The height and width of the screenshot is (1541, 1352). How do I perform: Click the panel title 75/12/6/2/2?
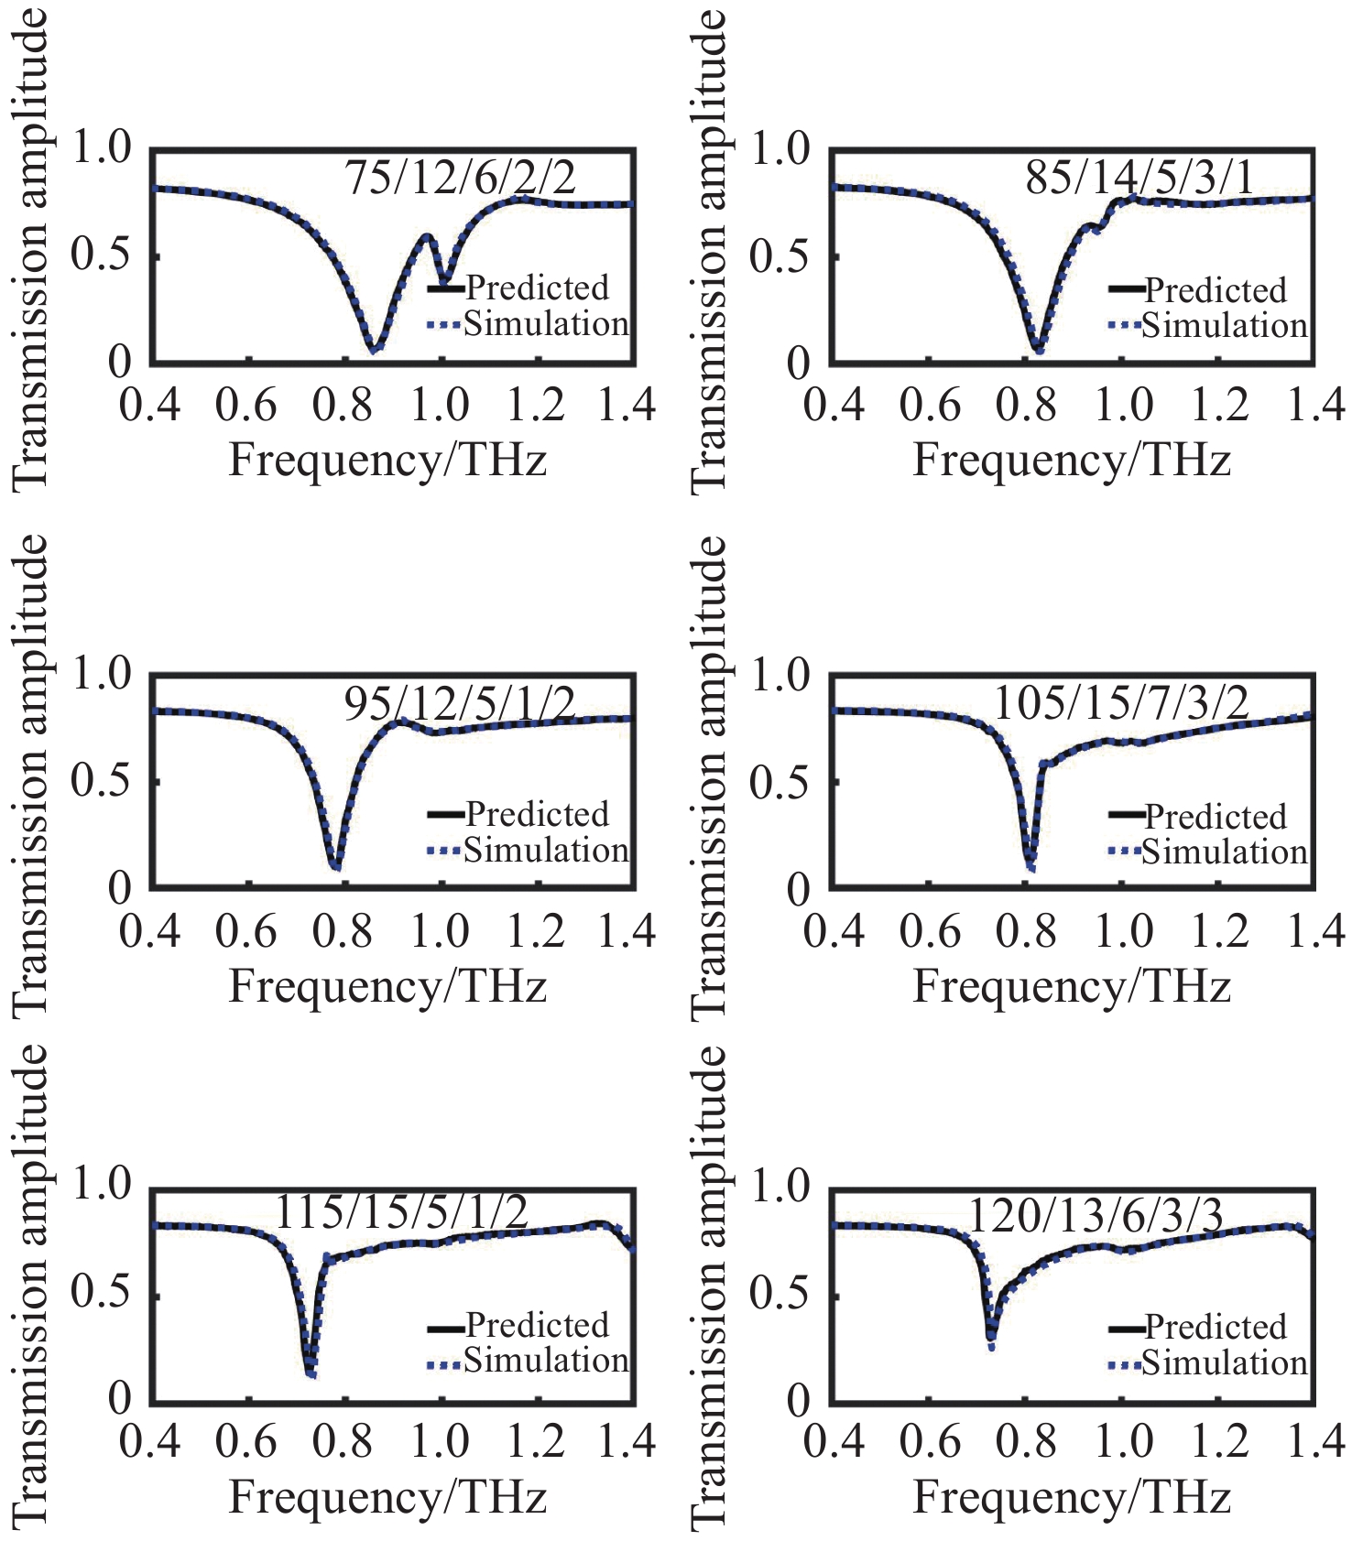pos(460,178)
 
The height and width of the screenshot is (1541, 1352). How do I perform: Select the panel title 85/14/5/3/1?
pos(1139,178)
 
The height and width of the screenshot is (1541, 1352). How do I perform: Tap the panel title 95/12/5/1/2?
pos(460,704)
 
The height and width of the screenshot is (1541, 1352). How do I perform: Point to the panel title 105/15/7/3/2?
pos(1120,704)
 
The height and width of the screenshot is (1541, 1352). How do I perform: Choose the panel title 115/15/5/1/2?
pos(401,1213)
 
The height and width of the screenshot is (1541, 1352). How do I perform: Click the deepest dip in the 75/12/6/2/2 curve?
pos(374,348)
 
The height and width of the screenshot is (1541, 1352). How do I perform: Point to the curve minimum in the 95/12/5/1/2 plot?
pos(336,866)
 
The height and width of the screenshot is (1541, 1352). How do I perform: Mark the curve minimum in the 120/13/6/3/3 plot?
pos(991,1345)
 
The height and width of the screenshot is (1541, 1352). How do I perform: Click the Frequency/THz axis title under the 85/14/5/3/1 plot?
pos(1071,460)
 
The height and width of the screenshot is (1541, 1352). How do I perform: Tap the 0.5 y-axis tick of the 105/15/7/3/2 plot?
pos(779,781)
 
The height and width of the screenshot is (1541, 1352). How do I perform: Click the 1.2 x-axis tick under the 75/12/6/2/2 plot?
pos(537,405)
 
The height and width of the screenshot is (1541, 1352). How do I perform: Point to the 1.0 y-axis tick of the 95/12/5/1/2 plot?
pos(101,676)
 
